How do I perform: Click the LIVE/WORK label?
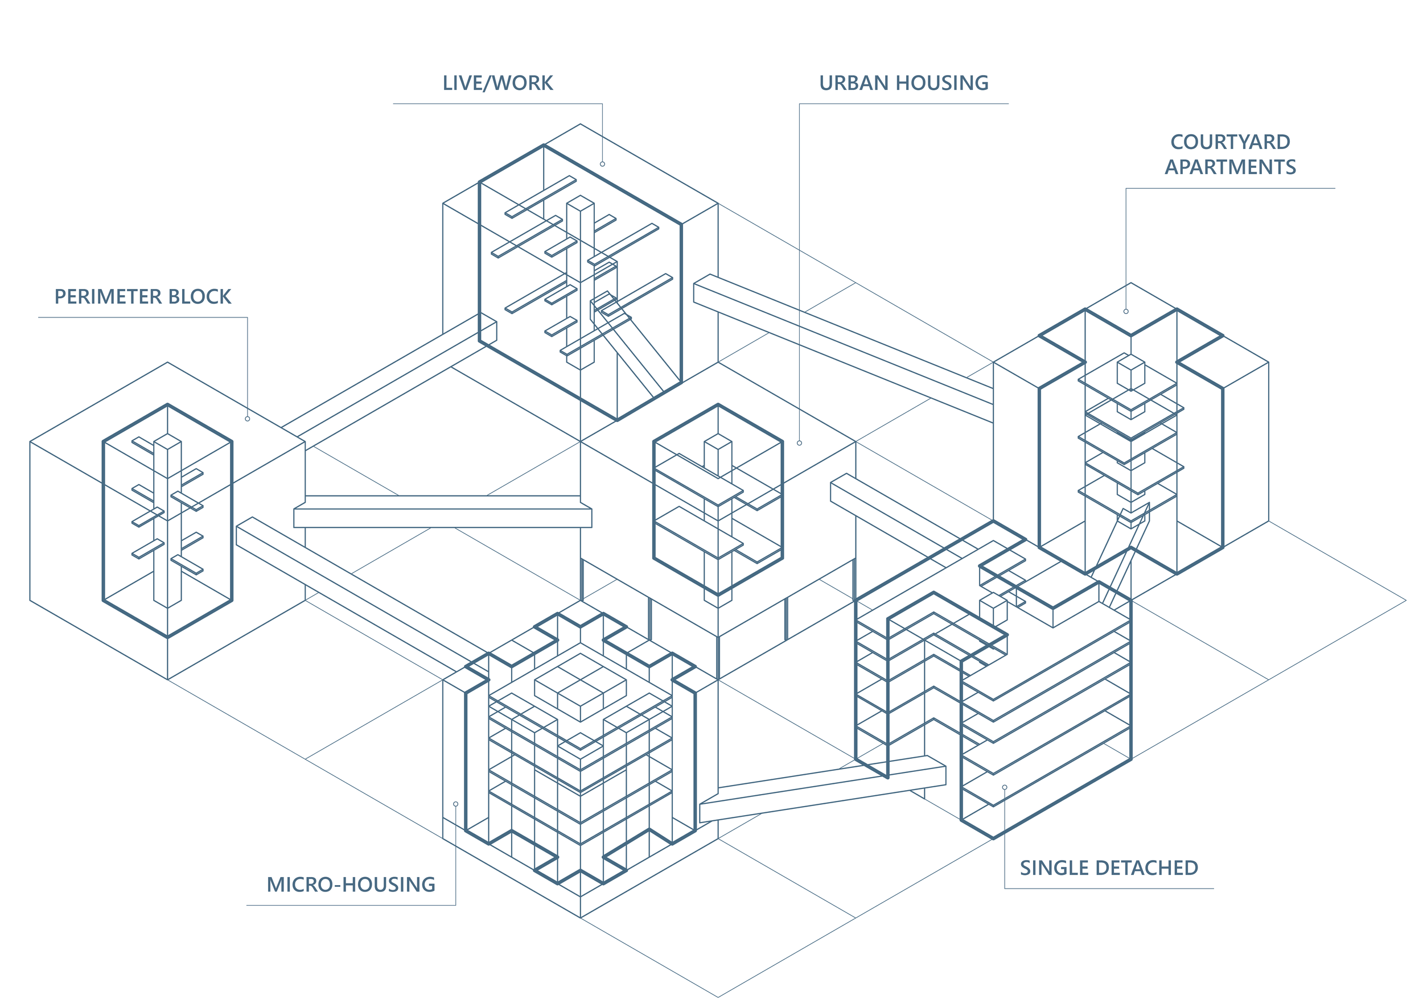coord(497,83)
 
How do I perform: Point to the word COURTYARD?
coord(1229,142)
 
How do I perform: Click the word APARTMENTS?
coord(1229,167)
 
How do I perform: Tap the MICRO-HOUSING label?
coord(351,885)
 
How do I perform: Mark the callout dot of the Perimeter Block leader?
coord(247,419)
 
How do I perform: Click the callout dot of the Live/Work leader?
coord(602,164)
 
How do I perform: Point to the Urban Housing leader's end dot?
coord(800,443)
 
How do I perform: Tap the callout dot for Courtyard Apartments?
coord(1126,312)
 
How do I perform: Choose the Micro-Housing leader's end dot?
coord(455,804)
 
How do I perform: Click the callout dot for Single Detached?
coord(1005,787)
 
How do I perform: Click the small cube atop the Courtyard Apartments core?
coord(1130,371)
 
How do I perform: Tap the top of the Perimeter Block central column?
coord(167,441)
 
